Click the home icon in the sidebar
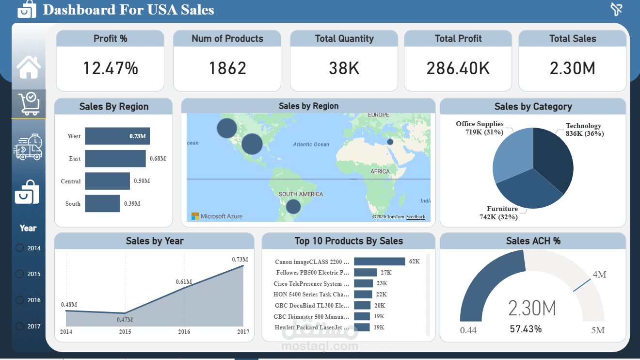click(x=29, y=67)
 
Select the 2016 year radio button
click(x=20, y=300)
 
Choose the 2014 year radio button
click(x=20, y=248)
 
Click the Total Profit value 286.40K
click(x=458, y=68)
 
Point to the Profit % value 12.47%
click(x=110, y=68)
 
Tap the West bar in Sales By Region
click(x=117, y=136)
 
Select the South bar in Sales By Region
click(x=102, y=204)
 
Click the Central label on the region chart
click(x=71, y=181)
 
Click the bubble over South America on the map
click(x=293, y=207)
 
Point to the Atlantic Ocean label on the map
click(x=311, y=144)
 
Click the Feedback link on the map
click(x=416, y=217)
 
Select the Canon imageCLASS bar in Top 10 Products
click(x=379, y=262)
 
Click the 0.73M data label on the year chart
click(x=240, y=260)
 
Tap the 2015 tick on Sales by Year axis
click(x=125, y=332)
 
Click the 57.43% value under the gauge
click(x=526, y=329)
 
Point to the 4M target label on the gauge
click(x=599, y=275)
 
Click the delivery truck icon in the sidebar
click(x=28, y=147)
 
